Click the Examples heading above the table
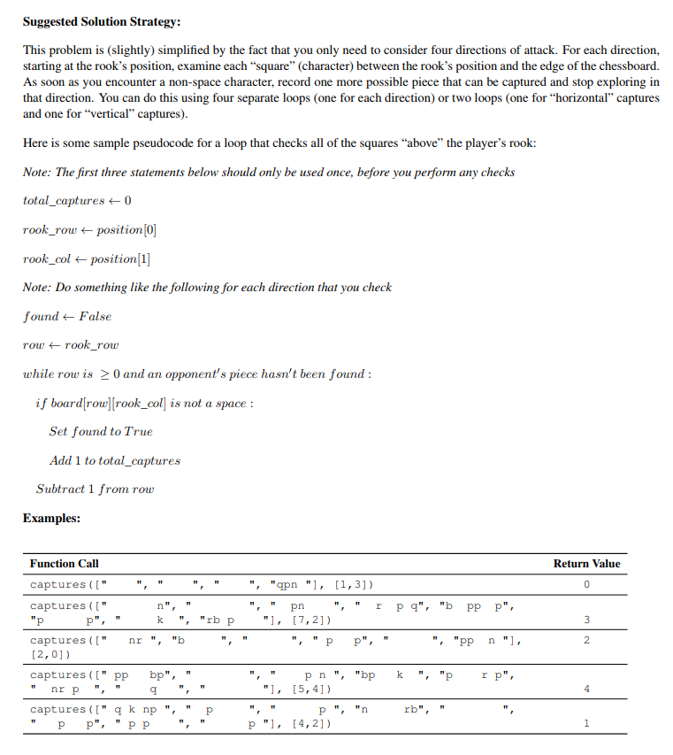51,518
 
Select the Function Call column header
65,564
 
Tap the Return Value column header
587,564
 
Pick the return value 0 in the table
586,585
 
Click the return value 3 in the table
586,619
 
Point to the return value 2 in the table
586,640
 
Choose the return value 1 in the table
586,723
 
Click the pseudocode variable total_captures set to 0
64,201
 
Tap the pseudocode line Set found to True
101,432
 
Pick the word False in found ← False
96,316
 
